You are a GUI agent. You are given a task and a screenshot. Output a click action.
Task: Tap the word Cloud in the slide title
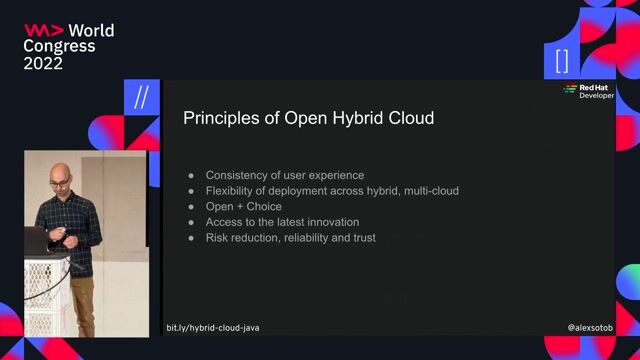pyautogui.click(x=410, y=119)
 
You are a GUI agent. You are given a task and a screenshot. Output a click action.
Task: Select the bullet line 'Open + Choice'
pyautogui.click(x=243, y=206)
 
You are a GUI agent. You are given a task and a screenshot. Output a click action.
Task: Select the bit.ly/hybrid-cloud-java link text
pyautogui.click(x=213, y=328)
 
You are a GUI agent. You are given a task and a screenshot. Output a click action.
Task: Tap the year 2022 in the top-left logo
pyautogui.click(x=43, y=63)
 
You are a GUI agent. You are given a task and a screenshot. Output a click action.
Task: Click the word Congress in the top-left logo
pyautogui.click(x=59, y=46)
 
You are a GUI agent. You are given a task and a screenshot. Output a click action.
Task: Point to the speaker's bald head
pyautogui.click(x=62, y=171)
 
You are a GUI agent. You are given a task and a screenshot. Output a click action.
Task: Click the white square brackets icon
pyautogui.click(x=561, y=60)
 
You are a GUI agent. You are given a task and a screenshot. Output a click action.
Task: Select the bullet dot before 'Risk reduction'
pyautogui.click(x=191, y=238)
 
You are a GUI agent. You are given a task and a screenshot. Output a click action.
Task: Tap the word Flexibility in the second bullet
pyautogui.click(x=233, y=190)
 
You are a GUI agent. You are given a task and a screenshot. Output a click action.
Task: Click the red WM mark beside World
pyautogui.click(x=43, y=30)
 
